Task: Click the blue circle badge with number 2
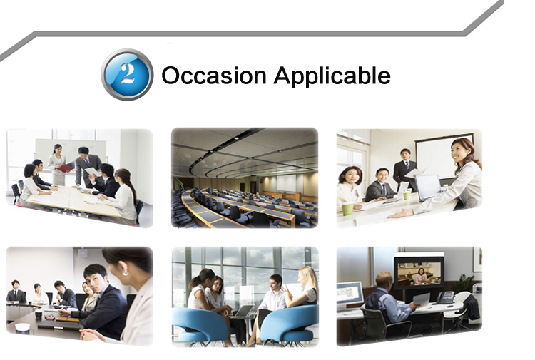127,75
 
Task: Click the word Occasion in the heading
214,76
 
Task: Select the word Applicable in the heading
332,76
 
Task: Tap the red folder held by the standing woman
66,168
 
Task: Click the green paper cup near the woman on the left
347,209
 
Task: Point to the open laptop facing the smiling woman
427,187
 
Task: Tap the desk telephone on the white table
446,297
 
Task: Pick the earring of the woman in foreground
125,273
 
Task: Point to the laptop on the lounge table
243,312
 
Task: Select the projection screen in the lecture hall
286,182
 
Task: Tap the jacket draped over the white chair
472,307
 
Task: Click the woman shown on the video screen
421,276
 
